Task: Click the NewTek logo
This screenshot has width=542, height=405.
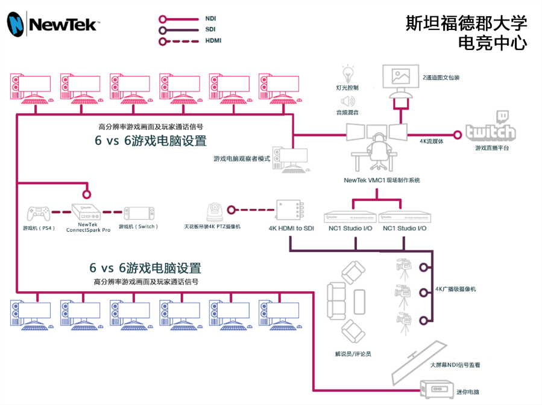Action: click(52, 24)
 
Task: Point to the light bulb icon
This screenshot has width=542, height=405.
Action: click(347, 74)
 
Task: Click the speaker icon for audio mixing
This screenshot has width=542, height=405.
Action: click(347, 100)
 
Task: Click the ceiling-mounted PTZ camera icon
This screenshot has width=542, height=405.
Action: click(213, 212)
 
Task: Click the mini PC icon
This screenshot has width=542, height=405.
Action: click(435, 389)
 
